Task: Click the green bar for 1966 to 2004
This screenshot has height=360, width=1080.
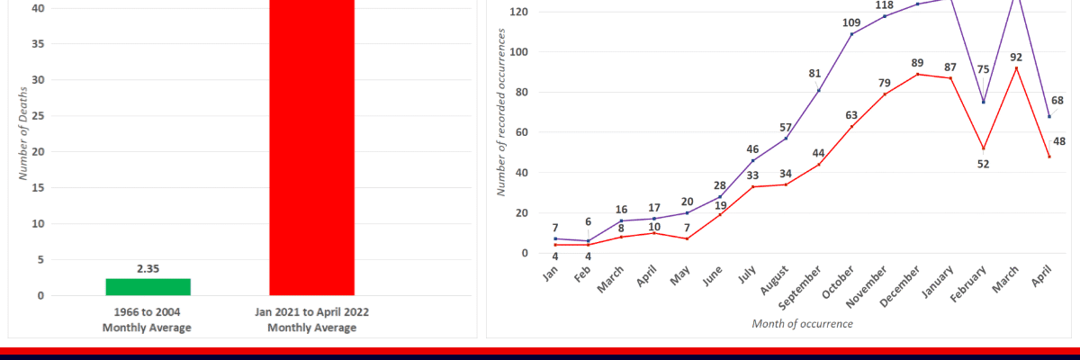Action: tap(148, 286)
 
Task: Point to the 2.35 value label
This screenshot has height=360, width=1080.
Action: tap(148, 267)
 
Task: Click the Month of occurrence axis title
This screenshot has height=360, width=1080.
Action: tap(803, 322)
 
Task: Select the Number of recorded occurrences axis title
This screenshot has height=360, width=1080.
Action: tap(500, 112)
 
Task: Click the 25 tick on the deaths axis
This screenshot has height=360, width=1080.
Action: tap(37, 116)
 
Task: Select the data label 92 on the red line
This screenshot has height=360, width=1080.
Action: tap(1016, 57)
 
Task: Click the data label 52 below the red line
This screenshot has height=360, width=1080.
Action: tap(983, 163)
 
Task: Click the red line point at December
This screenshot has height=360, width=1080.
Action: tap(917, 74)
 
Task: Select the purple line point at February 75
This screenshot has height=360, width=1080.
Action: tap(983, 102)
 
